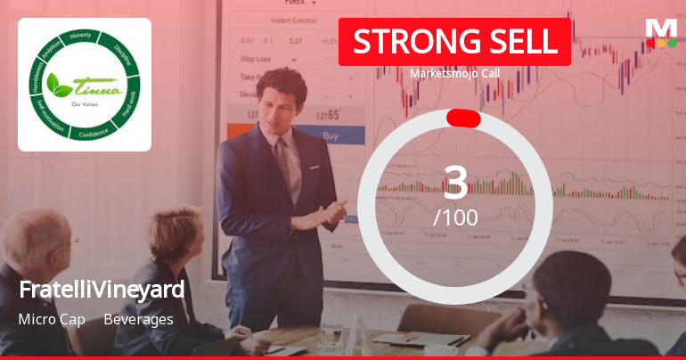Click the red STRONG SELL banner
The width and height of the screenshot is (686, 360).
coord(454,42)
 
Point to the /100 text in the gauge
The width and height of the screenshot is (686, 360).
coord(455,217)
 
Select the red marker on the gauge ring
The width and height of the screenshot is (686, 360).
coord(463,119)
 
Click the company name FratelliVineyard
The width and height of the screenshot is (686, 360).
coord(102,290)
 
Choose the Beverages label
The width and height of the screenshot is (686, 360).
coord(138,319)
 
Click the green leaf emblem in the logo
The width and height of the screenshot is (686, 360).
coord(60,85)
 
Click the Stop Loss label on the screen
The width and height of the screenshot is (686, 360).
coord(256,59)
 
